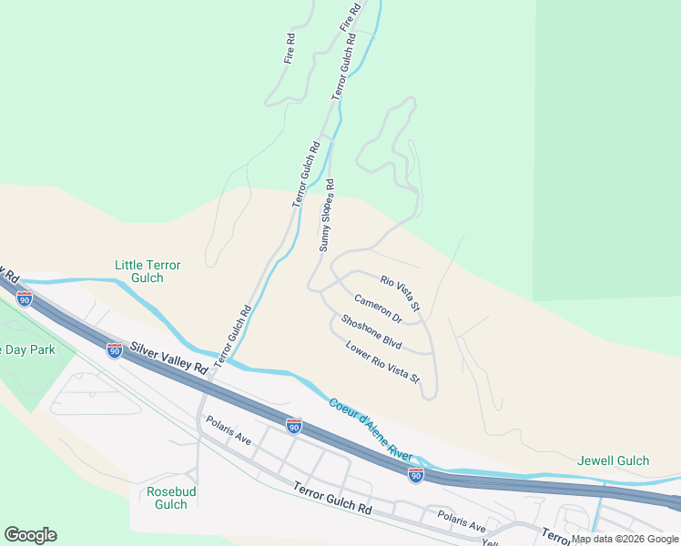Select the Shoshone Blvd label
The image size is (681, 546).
point(371,332)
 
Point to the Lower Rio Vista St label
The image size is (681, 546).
point(382,361)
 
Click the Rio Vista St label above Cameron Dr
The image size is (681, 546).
point(400,295)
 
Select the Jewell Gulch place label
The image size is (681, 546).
point(613,460)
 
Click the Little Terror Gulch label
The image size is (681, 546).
point(147,271)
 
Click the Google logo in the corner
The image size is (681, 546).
point(30,535)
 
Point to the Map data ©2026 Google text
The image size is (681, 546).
point(625,539)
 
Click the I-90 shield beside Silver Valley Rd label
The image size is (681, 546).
point(114,350)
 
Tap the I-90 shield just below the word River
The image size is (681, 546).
point(415,475)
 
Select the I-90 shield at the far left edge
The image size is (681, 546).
point(25,298)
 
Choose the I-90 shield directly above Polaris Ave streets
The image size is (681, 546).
point(293,425)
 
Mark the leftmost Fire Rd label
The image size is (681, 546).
point(290,47)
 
